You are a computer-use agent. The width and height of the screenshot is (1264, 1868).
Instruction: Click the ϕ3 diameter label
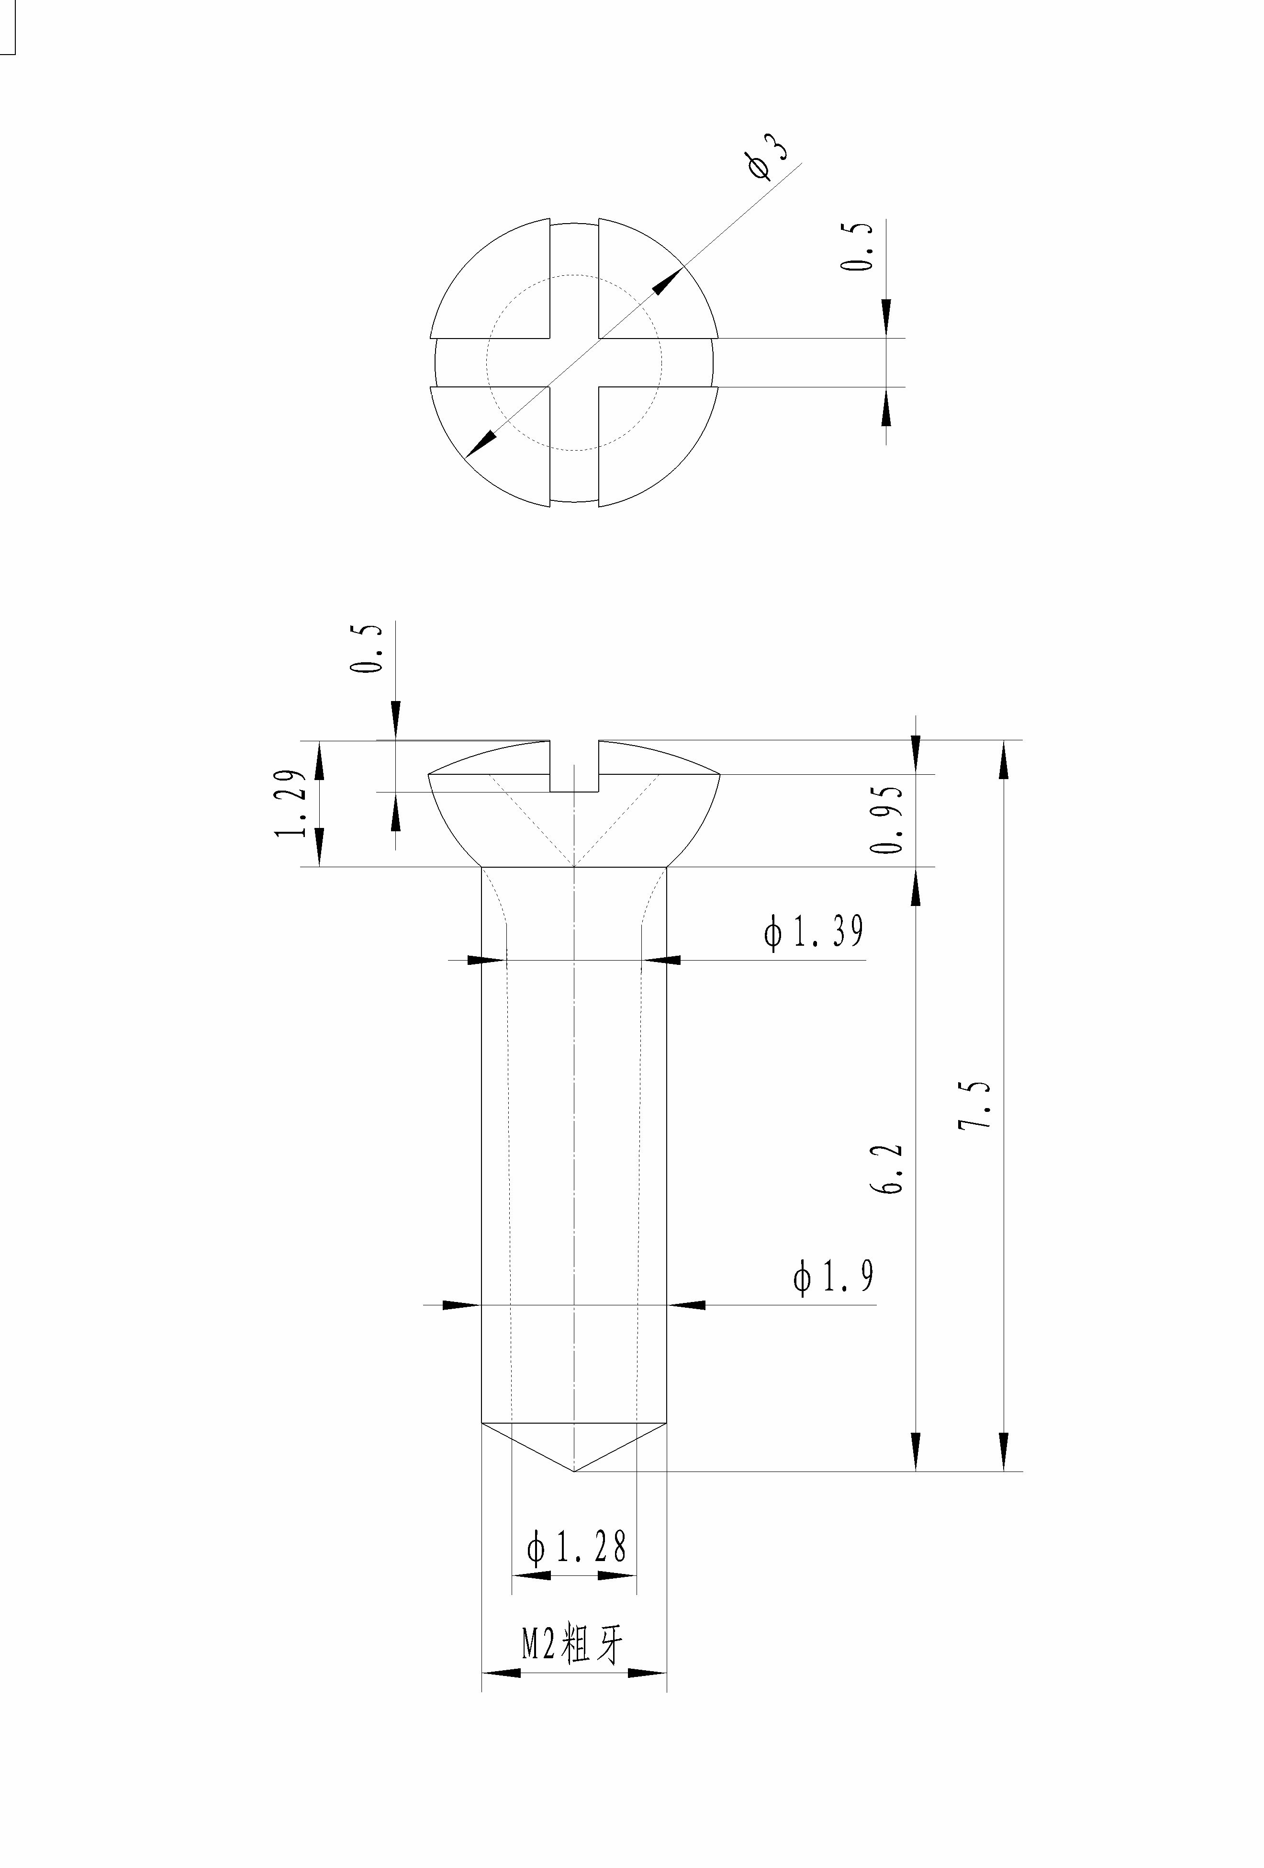pyautogui.click(x=767, y=156)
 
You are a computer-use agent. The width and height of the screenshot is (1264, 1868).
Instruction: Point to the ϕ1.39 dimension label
pyautogui.click(x=813, y=931)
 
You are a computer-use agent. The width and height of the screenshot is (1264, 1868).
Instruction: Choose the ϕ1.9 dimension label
pyautogui.click(x=833, y=1277)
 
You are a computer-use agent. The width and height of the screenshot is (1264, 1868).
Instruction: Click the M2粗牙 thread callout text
pyautogui.click(x=572, y=1642)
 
